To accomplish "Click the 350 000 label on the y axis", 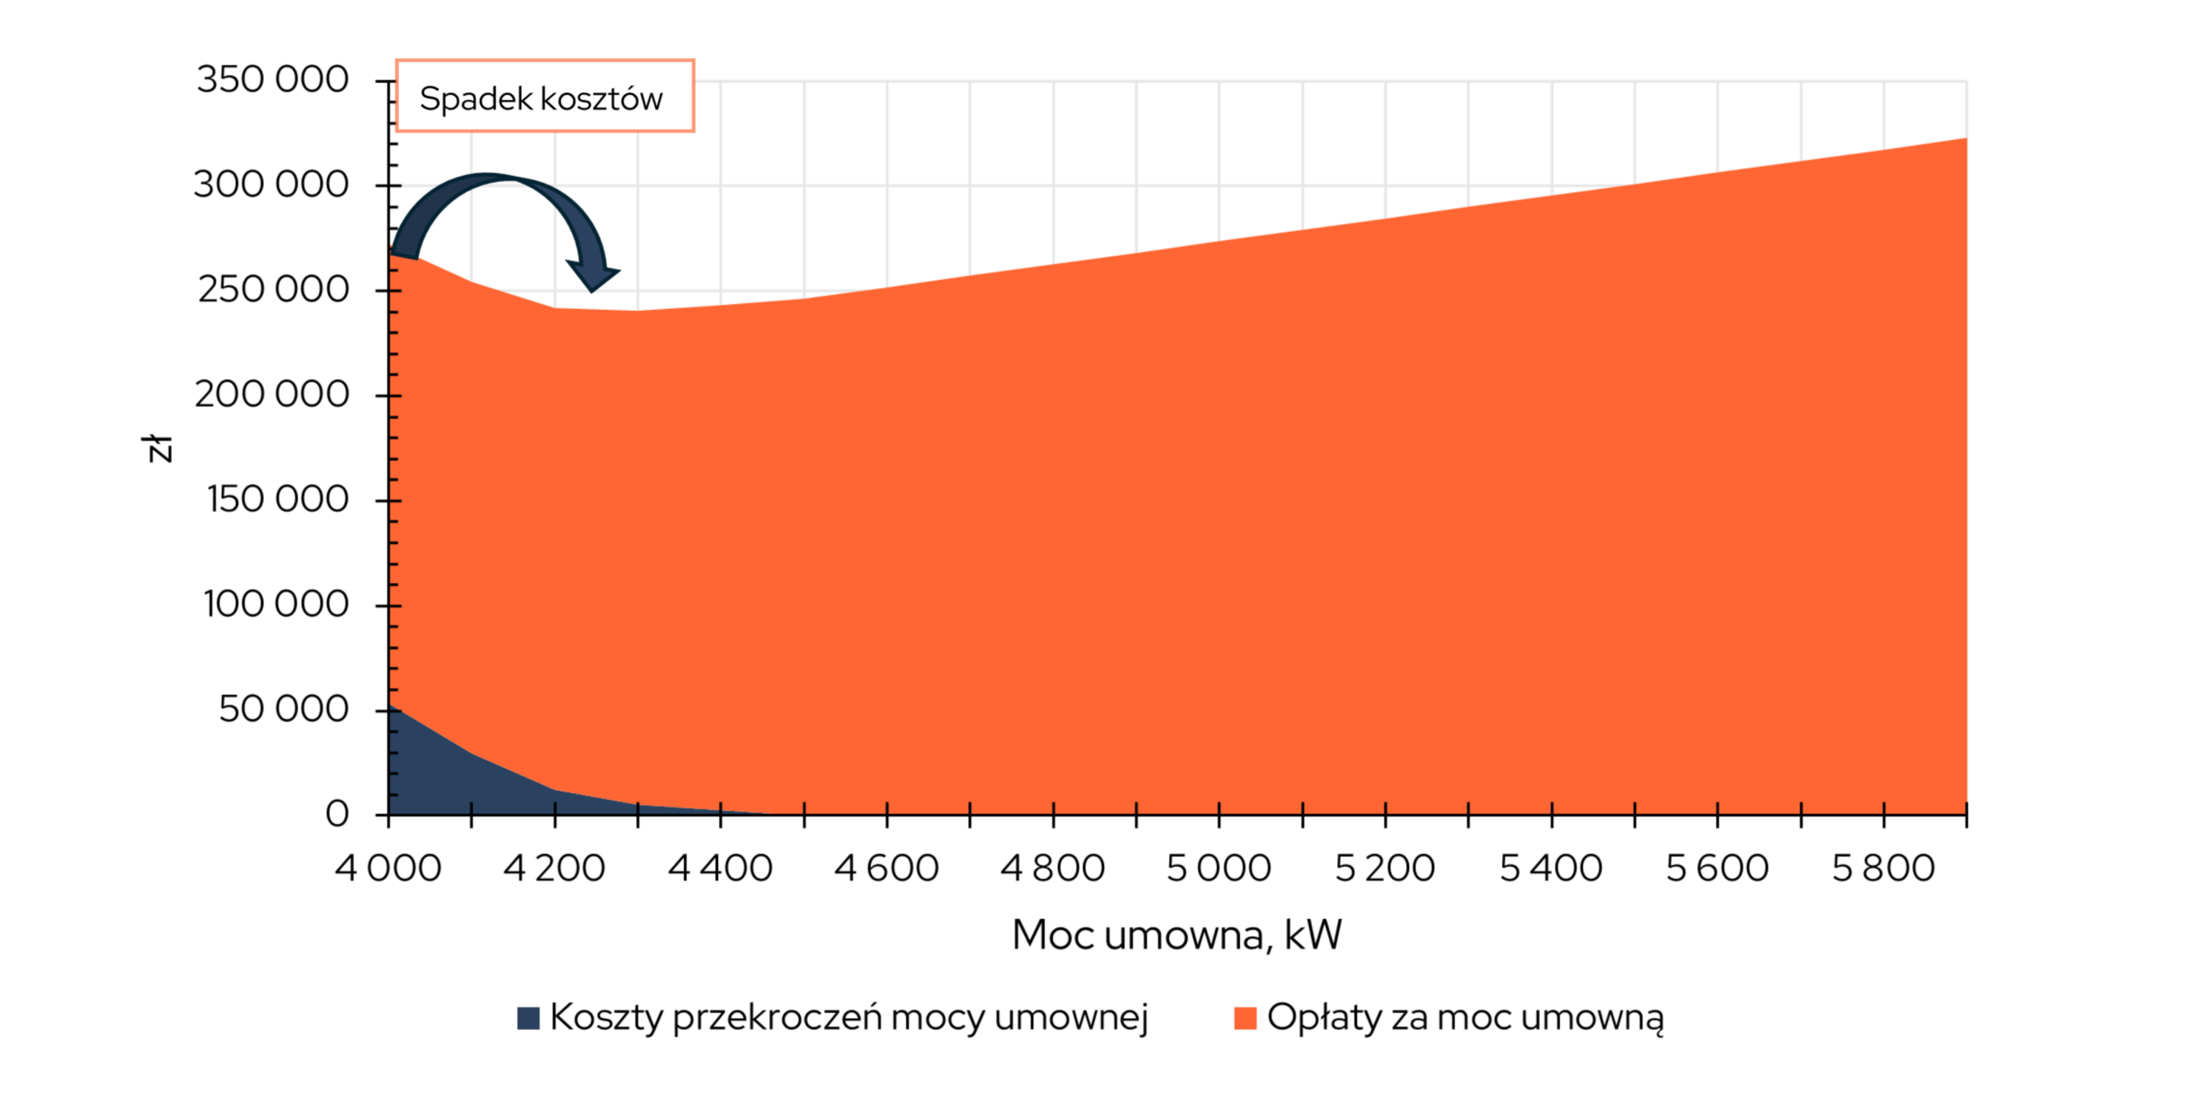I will tap(272, 80).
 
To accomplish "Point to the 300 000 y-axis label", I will tap(271, 185).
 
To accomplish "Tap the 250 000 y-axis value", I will tap(273, 290).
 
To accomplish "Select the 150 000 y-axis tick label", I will tap(278, 500).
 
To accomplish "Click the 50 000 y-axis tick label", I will tap(283, 710).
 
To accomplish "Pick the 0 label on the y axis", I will tap(337, 815).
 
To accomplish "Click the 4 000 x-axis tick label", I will tap(389, 869).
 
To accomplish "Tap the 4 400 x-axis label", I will tap(720, 869).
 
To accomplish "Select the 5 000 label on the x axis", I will tap(1219, 869).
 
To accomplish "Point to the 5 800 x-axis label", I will tap(1883, 869).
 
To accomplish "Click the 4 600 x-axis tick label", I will tap(886, 869).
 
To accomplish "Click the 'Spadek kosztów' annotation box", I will tap(545, 96).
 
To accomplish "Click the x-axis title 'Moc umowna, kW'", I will tap(1177, 936).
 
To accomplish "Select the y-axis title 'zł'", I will tap(159, 447).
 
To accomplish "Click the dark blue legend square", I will tap(529, 1018).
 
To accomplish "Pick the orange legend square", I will tap(1245, 1018).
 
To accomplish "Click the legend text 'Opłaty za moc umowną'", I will tap(1465, 1018).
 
